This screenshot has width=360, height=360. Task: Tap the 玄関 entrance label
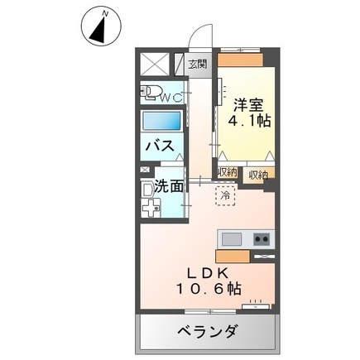(x=195, y=62)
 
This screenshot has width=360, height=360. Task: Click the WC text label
(x=172, y=98)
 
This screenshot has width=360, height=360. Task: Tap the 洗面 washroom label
(x=169, y=185)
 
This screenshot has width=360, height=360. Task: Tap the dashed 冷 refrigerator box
(x=224, y=196)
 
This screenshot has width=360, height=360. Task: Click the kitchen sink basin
(x=232, y=238)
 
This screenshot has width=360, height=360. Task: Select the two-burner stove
(x=262, y=238)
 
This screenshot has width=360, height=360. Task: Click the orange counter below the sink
(x=245, y=255)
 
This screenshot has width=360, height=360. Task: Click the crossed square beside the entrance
(x=154, y=64)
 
